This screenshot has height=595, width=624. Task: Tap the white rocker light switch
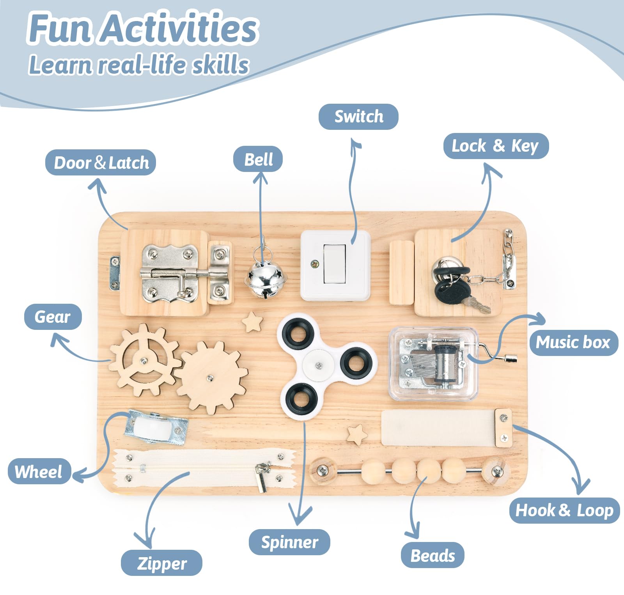tap(335, 263)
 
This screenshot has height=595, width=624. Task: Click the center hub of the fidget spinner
tap(319, 365)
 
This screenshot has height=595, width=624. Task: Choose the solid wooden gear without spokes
tap(211, 377)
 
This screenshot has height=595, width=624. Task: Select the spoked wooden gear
tap(144, 360)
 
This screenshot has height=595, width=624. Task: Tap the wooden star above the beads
tap(357, 434)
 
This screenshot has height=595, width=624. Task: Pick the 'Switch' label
tap(358, 117)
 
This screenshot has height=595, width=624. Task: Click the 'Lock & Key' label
tap(496, 146)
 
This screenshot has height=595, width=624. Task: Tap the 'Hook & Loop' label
tap(565, 510)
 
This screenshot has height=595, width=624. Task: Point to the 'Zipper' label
tap(161, 563)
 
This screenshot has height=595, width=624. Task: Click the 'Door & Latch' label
tap(101, 163)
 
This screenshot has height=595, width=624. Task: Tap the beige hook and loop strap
tap(438, 428)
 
